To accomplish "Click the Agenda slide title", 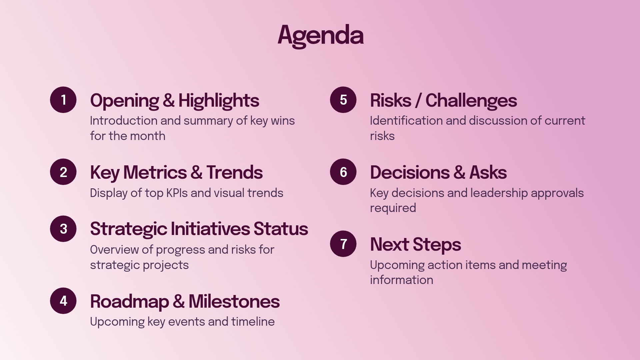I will (320, 35).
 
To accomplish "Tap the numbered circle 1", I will (63, 100).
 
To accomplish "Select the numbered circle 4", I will (63, 301).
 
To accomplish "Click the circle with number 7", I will (343, 244).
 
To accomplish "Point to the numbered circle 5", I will (343, 100).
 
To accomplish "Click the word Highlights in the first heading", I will (219, 101).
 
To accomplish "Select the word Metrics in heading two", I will (155, 173).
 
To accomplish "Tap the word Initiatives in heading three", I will (210, 229).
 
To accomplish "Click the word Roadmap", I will (129, 302).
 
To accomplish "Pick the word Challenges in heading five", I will (471, 101).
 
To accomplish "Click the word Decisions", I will (410, 173).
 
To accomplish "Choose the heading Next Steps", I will (415, 244).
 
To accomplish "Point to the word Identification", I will (406, 121).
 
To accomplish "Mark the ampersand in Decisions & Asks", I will (459, 173).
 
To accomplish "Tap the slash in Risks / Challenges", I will (418, 101).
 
